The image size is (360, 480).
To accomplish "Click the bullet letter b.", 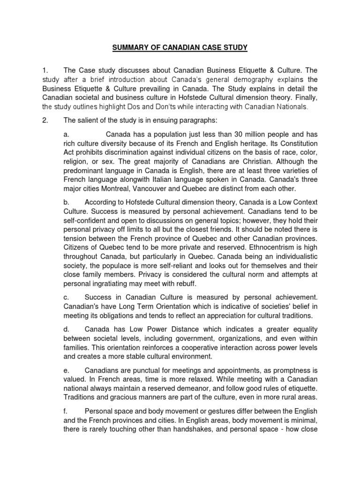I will tap(66, 202).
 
